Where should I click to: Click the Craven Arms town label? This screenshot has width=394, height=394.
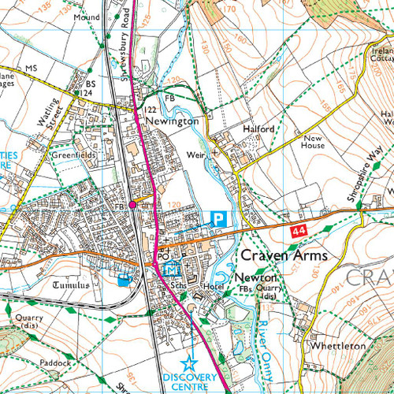pos(283,255)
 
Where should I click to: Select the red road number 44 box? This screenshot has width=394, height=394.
pos(297,231)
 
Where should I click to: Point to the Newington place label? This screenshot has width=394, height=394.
pos(171,122)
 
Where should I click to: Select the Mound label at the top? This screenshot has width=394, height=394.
pos(86,17)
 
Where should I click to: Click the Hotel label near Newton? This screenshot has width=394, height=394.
pos(214,287)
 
